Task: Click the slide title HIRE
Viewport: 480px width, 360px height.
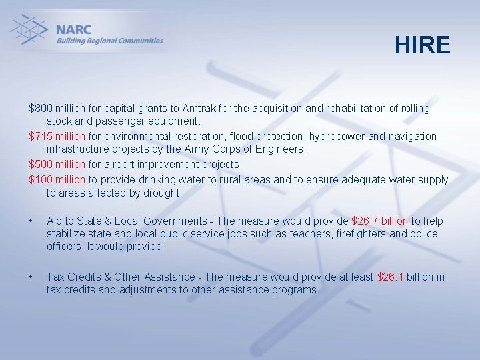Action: tap(422, 45)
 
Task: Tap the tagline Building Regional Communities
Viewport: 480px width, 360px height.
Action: tap(109, 41)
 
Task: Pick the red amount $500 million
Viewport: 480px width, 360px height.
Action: tap(57, 164)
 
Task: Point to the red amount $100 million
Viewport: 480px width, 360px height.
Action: tap(57, 179)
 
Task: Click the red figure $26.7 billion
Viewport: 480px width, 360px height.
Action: tap(379, 221)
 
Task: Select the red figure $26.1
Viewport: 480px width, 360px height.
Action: tap(391, 277)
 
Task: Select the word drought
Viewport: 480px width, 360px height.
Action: tap(164, 193)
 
